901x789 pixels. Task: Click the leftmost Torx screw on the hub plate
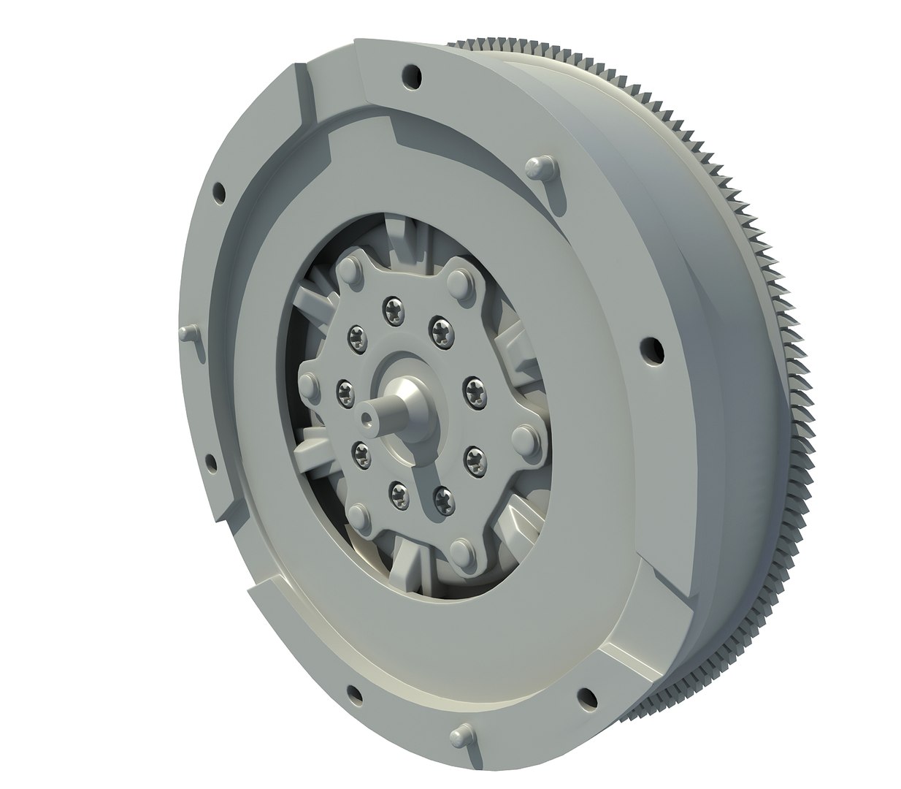(343, 390)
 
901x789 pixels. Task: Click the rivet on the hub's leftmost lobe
(309, 386)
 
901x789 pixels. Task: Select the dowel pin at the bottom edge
(458, 734)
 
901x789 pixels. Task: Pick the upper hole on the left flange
(217, 191)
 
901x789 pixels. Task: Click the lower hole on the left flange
(211, 462)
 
